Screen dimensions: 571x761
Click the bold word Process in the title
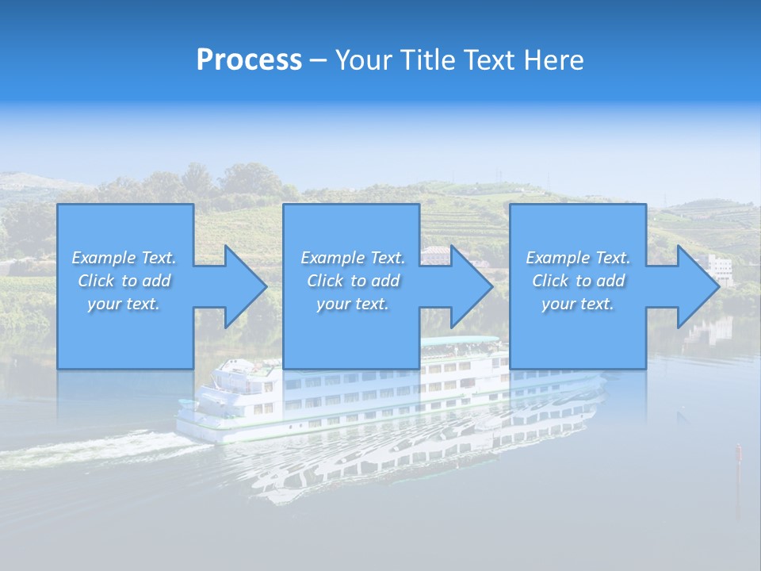click(x=249, y=60)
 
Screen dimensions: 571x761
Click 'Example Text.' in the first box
click(x=124, y=258)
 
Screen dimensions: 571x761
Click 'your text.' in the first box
click(x=124, y=304)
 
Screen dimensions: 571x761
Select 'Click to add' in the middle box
click(x=353, y=281)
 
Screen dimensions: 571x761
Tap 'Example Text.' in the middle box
click(x=353, y=258)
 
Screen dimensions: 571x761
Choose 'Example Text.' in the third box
click(x=578, y=258)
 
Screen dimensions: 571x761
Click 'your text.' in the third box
click(x=578, y=304)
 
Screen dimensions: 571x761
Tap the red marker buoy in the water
click(x=738, y=453)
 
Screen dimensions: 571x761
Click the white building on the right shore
click(x=721, y=268)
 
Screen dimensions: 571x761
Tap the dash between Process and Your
click(x=319, y=61)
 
